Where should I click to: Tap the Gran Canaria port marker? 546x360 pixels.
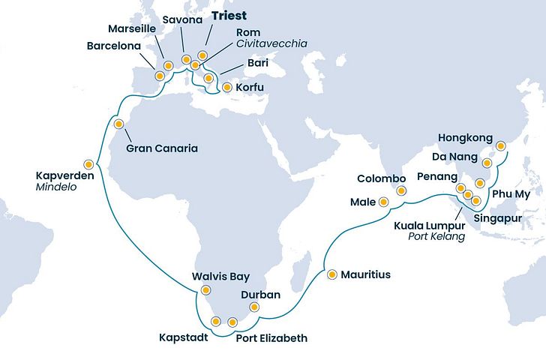(x=118, y=124)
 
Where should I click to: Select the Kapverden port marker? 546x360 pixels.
(x=88, y=163)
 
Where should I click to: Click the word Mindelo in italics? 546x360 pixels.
(x=53, y=189)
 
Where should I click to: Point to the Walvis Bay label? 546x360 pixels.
(x=221, y=276)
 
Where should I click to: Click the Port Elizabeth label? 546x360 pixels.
(x=271, y=338)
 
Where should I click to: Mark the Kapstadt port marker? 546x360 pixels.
(x=216, y=322)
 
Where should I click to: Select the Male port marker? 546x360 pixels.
(x=383, y=201)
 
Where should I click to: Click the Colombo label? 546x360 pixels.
(x=381, y=178)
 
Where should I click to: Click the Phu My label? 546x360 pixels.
(x=509, y=195)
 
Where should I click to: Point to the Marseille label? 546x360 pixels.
(x=132, y=28)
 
